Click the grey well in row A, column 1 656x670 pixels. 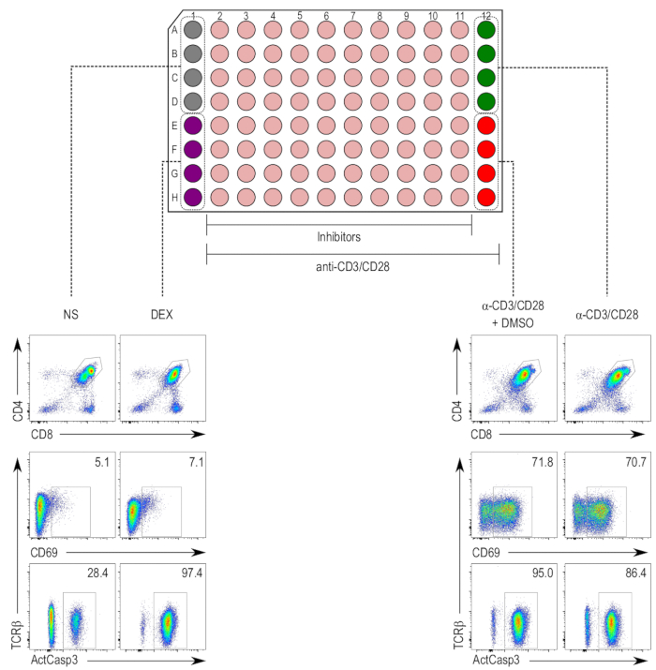(193, 30)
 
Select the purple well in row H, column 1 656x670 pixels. (193, 197)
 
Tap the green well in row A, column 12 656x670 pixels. (486, 30)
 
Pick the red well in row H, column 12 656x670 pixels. (486, 197)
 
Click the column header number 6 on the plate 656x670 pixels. (326, 16)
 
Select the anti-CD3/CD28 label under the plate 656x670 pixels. (352, 266)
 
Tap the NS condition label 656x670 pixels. (72, 314)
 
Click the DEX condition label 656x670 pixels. (162, 314)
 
